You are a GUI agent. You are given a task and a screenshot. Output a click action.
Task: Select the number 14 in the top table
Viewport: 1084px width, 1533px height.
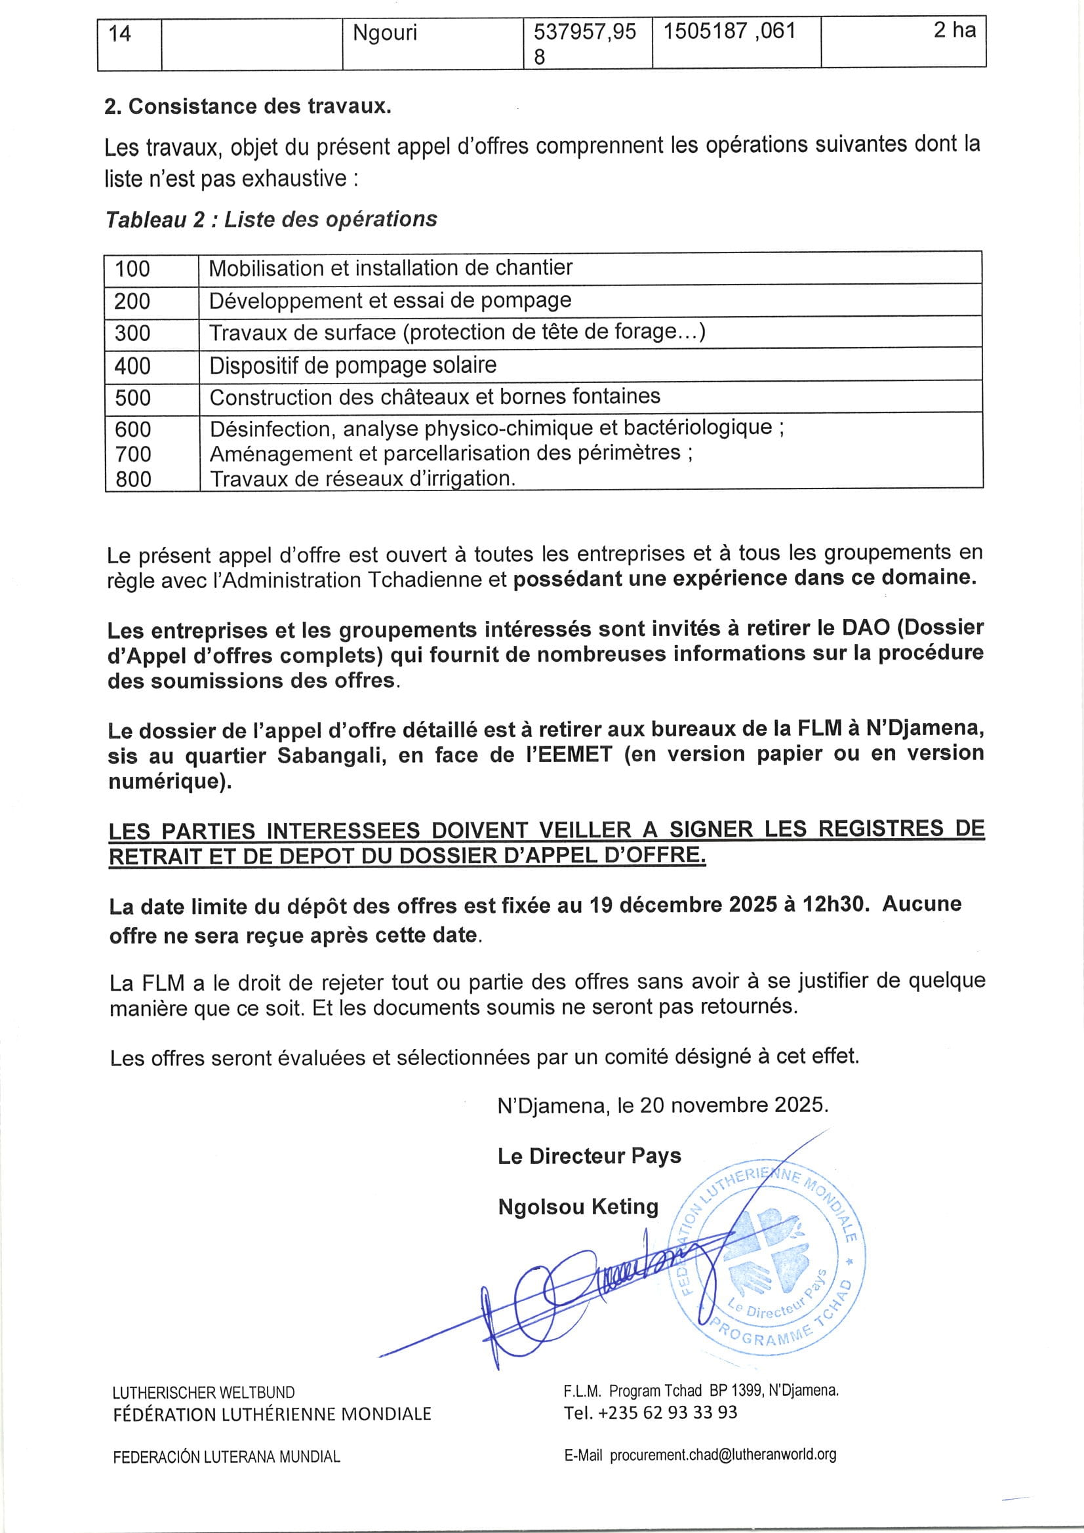[119, 33]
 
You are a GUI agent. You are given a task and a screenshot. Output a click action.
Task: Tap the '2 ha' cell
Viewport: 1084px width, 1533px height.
[954, 30]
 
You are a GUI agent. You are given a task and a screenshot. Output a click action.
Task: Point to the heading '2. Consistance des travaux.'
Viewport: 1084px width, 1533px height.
[248, 106]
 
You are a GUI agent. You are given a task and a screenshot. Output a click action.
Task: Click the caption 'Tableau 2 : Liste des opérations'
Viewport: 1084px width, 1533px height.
[271, 219]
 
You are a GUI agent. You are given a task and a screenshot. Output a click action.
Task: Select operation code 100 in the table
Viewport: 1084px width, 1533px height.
[132, 269]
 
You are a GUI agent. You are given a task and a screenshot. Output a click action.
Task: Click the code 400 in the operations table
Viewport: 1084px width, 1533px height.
[132, 366]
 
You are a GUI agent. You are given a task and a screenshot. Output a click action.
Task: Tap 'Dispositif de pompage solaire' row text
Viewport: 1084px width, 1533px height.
[353, 365]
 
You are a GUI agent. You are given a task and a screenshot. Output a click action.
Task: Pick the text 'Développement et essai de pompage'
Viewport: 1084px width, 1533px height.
[390, 300]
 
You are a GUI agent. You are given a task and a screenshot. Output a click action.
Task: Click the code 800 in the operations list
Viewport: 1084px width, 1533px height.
[133, 479]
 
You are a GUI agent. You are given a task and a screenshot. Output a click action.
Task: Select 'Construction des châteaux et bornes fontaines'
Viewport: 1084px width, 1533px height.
[435, 397]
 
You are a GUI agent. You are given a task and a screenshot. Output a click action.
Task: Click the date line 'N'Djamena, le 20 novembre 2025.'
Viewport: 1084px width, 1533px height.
[662, 1105]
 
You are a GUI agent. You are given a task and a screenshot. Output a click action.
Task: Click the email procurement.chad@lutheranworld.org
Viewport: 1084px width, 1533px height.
[723, 1454]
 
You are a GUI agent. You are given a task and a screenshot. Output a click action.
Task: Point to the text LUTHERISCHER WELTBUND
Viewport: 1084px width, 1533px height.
[204, 1392]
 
